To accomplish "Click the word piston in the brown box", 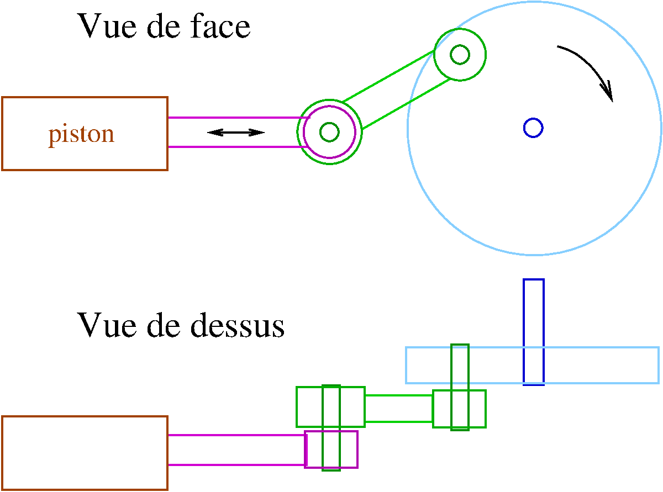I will coord(81,134).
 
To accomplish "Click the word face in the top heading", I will coord(221,26).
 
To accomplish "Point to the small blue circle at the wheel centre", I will coord(533,128).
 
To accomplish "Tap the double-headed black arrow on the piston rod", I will coord(236,132).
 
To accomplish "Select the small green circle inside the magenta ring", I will coord(329,132).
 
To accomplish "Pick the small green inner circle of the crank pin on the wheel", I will coord(460,54).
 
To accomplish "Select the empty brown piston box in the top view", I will coord(85,453).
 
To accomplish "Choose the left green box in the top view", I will coord(309,407).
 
